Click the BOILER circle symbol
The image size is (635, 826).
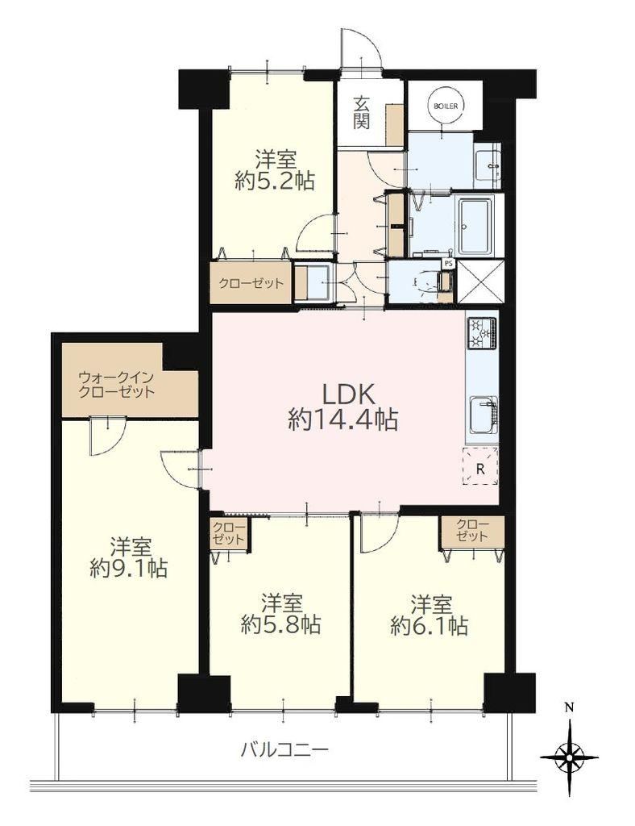(445, 106)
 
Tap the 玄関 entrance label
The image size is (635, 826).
(361, 112)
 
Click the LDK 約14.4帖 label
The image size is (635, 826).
(342, 407)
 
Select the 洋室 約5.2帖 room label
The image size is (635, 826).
(275, 169)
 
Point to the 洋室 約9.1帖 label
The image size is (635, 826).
(128, 557)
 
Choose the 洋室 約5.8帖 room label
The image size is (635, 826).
(281, 613)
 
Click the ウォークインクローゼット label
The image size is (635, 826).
(116, 384)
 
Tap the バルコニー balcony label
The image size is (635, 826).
(284, 749)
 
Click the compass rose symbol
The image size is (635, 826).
(569, 757)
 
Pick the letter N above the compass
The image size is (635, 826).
(569, 707)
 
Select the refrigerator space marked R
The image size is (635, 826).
(480, 466)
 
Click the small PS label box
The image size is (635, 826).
(449, 263)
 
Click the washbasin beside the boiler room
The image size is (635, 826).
(488, 165)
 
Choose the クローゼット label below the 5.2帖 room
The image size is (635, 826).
(251, 283)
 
